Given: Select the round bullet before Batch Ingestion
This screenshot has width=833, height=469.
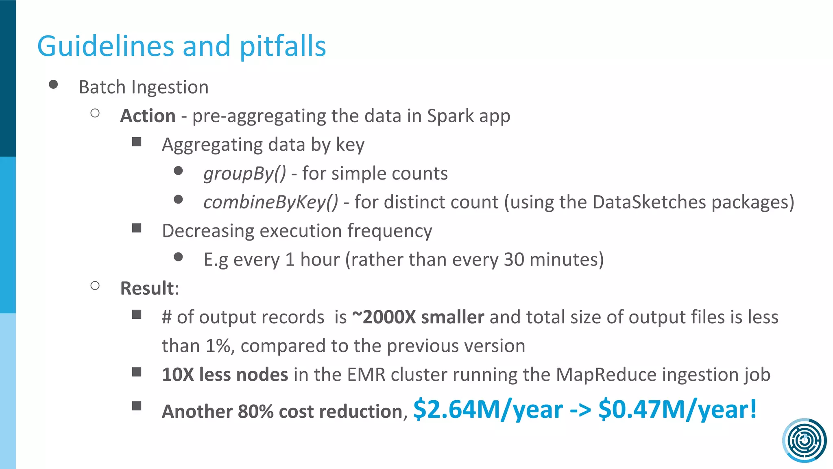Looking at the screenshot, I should pyautogui.click(x=53, y=84).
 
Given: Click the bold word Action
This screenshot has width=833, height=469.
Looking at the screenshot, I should pyautogui.click(x=148, y=116).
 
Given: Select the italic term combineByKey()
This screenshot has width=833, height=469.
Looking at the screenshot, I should pyautogui.click(x=270, y=202).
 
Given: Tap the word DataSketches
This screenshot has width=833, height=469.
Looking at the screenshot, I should pyautogui.click(x=649, y=202).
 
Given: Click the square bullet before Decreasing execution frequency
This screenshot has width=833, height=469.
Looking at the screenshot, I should pyautogui.click(x=137, y=228).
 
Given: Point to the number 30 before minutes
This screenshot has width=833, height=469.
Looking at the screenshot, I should pyautogui.click(x=514, y=260).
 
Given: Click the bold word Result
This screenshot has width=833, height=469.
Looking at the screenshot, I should pyautogui.click(x=147, y=288).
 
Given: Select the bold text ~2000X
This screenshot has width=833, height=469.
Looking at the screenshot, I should pyautogui.click(x=384, y=317).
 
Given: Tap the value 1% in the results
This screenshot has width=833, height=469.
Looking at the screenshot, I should pyautogui.click(x=218, y=346).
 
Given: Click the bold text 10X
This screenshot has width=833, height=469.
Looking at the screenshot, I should pyautogui.click(x=178, y=375).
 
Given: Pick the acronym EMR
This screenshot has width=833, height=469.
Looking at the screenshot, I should pyautogui.click(x=366, y=375).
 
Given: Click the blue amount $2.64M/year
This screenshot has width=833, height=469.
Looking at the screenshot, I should pyautogui.click(x=488, y=410).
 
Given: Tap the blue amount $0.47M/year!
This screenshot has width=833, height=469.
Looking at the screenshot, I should pyautogui.click(x=678, y=410).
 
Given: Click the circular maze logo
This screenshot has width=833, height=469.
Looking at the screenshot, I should pyautogui.click(x=804, y=440).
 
